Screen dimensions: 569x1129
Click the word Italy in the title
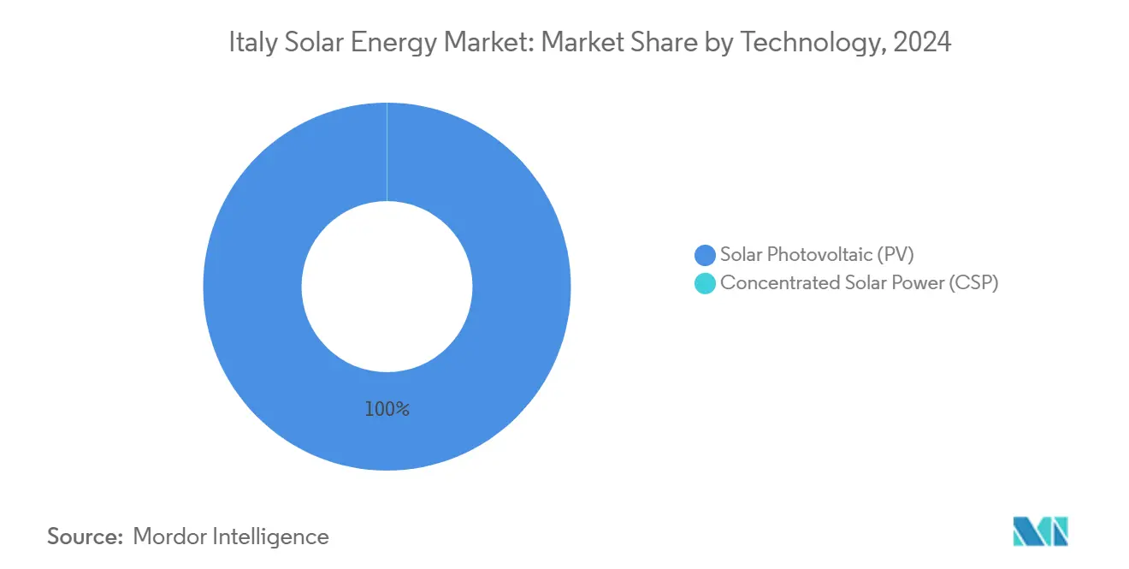pyautogui.click(x=248, y=42)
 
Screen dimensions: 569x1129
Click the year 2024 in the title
pyautogui.click(x=922, y=42)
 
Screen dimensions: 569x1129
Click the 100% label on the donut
pyautogui.click(x=387, y=409)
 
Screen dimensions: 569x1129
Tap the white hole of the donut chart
pyautogui.click(x=387, y=286)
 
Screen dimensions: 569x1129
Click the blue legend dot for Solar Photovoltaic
pyautogui.click(x=705, y=255)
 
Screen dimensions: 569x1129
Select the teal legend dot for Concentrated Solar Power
pyautogui.click(x=705, y=283)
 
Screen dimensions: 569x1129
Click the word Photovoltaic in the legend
pyautogui.click(x=817, y=254)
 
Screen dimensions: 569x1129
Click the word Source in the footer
pyautogui.click(x=84, y=536)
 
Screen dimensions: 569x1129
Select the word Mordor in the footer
pyautogui.click(x=168, y=536)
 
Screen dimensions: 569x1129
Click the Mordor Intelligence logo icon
pyautogui.click(x=1040, y=531)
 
